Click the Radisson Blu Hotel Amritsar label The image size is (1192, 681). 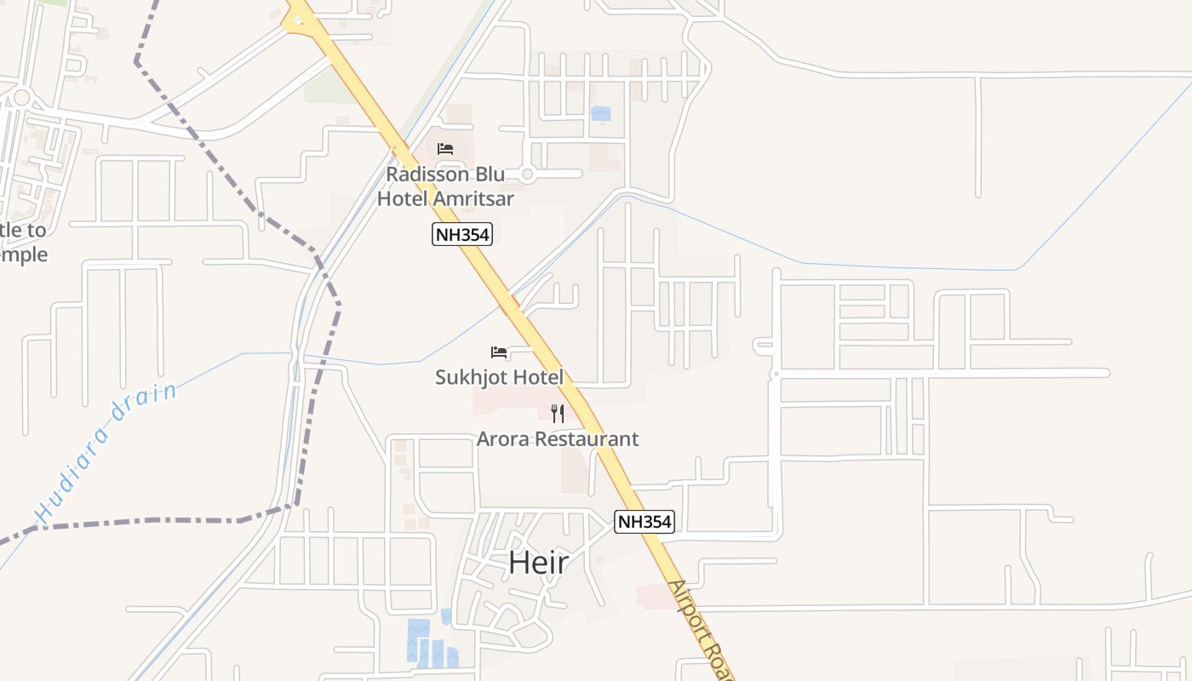[x=445, y=186]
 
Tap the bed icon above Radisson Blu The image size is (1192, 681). [x=445, y=149]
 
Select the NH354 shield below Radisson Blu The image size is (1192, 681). [x=462, y=234]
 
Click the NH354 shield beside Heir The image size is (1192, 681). [x=645, y=522]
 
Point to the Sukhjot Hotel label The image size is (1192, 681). [x=500, y=377]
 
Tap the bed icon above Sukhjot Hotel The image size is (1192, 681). [x=499, y=352]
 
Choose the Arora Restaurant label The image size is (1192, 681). [x=558, y=439]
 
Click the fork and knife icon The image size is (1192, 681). [x=558, y=414]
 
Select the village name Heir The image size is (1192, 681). [x=538, y=562]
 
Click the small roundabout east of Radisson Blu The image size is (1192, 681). [x=527, y=175]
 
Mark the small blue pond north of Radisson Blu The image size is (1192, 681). [x=601, y=113]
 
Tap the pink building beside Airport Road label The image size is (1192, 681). [x=654, y=596]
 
